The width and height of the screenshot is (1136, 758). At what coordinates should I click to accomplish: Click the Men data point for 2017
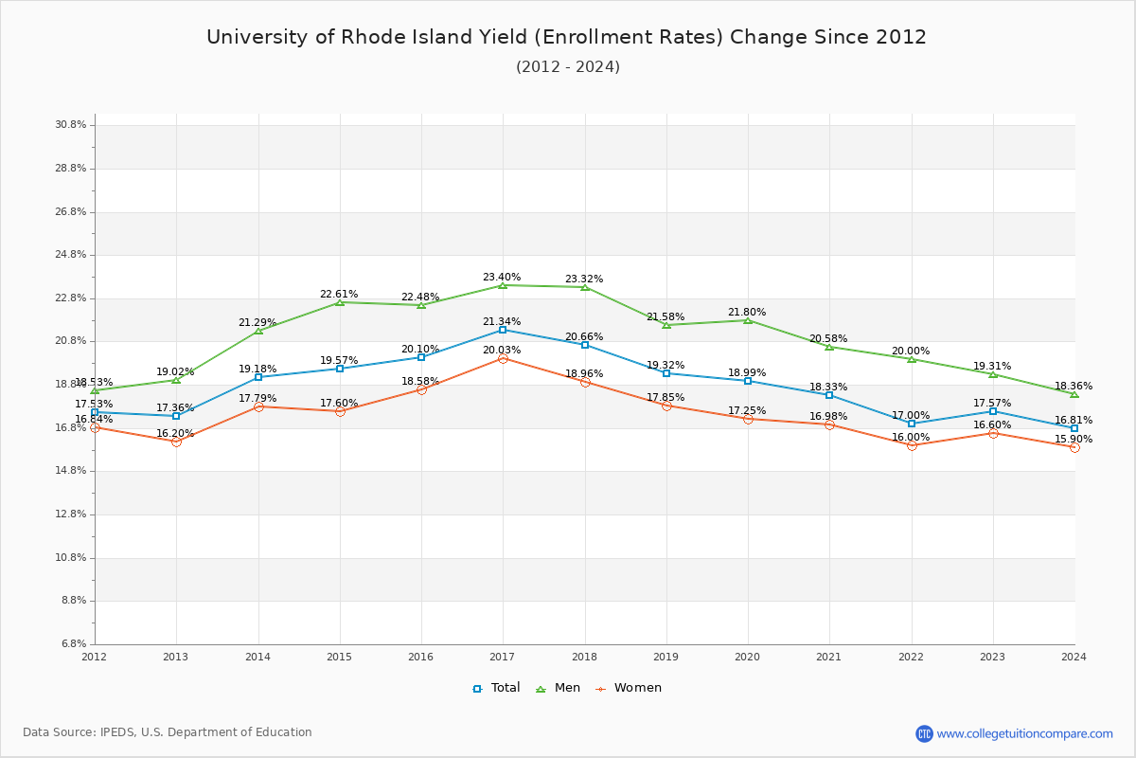503,285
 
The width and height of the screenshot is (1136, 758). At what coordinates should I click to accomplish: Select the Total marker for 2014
258,377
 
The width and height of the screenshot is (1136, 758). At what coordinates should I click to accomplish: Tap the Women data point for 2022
912,445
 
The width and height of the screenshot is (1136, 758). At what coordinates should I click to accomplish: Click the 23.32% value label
584,280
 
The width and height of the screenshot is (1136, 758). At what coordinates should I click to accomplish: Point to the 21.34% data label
502,322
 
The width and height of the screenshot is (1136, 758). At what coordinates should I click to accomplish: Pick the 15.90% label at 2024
1074,440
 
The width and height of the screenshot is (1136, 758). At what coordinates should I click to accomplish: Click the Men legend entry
560,688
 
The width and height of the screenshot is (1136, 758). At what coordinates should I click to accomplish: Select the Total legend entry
497,688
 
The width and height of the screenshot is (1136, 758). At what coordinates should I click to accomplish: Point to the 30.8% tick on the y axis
72,125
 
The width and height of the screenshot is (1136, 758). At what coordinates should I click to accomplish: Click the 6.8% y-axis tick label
75,644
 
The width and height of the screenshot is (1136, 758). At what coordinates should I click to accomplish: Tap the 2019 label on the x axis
666,657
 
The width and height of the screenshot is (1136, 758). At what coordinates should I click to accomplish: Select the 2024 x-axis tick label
1074,657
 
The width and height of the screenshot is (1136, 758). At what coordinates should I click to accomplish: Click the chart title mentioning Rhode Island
566,37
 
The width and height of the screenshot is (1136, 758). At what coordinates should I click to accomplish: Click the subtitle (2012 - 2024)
567,67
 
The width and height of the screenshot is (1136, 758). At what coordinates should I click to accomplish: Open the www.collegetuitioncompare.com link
1024,733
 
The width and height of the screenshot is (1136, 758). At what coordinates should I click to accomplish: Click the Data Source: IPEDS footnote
168,732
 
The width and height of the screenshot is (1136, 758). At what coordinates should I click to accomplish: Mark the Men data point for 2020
748,320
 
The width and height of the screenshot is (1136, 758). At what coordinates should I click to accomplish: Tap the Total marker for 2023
993,411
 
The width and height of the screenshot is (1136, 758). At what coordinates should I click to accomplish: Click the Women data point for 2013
176,442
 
